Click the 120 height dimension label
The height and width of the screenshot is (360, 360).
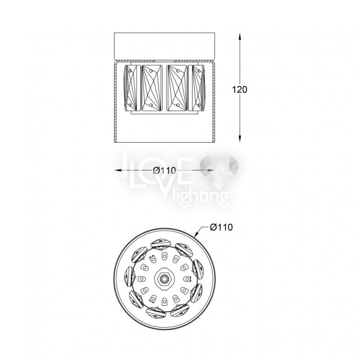pos(240,90)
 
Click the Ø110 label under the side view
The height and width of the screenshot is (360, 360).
pos(165,170)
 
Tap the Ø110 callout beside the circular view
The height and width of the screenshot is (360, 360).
pos(221,227)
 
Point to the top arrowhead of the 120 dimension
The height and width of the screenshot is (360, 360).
pos(240,37)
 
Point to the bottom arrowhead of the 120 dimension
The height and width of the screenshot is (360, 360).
pos(240,138)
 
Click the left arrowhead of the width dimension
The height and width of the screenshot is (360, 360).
pos(118,170)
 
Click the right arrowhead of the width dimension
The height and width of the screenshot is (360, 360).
pos(211,170)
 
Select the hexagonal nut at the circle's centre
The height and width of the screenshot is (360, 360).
pos(164,279)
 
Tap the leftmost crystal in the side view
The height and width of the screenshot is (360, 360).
pos(130,87)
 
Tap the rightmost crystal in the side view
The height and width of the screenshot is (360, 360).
pos(196,87)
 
